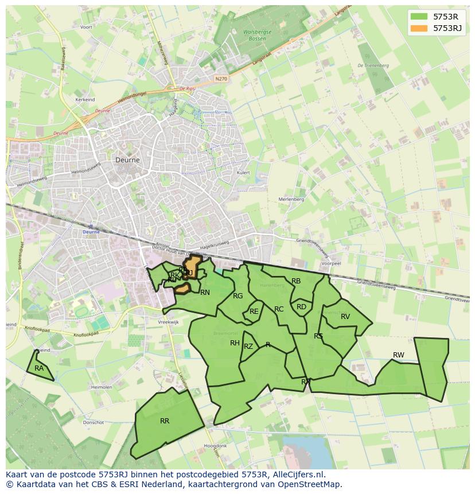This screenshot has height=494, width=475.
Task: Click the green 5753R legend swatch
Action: (419, 17)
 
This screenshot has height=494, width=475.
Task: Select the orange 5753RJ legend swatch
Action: (419, 28)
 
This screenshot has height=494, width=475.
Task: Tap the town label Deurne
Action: (127, 160)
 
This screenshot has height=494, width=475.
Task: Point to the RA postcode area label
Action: (39, 368)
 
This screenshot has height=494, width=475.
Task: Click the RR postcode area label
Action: (165, 421)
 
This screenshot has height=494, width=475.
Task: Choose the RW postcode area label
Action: (398, 355)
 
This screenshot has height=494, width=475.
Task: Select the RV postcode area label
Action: (345, 317)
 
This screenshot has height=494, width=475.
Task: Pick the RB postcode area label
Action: (296, 281)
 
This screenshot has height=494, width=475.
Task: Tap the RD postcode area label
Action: (301, 307)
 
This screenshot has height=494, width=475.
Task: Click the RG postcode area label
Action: (238, 296)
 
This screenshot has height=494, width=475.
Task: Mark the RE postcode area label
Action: (254, 312)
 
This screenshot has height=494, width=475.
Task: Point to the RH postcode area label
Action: (235, 343)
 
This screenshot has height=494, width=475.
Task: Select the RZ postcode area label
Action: (248, 347)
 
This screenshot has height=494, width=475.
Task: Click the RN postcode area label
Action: (205, 293)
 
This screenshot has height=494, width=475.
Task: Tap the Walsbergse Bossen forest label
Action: (257, 35)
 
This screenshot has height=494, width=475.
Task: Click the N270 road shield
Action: (221, 79)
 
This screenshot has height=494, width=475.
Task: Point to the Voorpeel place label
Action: (332, 263)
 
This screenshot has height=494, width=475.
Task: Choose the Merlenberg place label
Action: (291, 199)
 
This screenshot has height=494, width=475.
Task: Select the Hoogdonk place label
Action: (215, 446)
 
